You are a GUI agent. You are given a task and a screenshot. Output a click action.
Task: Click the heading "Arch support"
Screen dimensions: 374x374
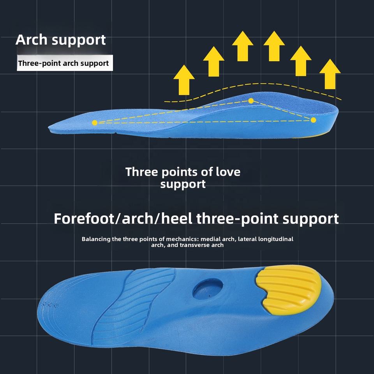point(60,40)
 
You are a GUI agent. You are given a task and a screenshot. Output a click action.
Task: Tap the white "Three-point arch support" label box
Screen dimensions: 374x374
point(64,63)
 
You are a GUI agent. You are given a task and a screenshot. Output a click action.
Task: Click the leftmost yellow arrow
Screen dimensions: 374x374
point(184,80)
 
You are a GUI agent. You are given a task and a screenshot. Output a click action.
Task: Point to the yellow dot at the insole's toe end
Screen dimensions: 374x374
point(95,123)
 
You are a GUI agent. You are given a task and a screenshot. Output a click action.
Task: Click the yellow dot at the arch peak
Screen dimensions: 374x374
point(251,101)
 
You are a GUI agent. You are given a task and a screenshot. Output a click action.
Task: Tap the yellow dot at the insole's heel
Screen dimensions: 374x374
point(314,120)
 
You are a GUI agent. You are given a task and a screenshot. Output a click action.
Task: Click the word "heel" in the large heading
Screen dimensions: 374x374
point(177,219)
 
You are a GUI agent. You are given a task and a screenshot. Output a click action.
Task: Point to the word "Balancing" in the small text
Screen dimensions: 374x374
point(96,239)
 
